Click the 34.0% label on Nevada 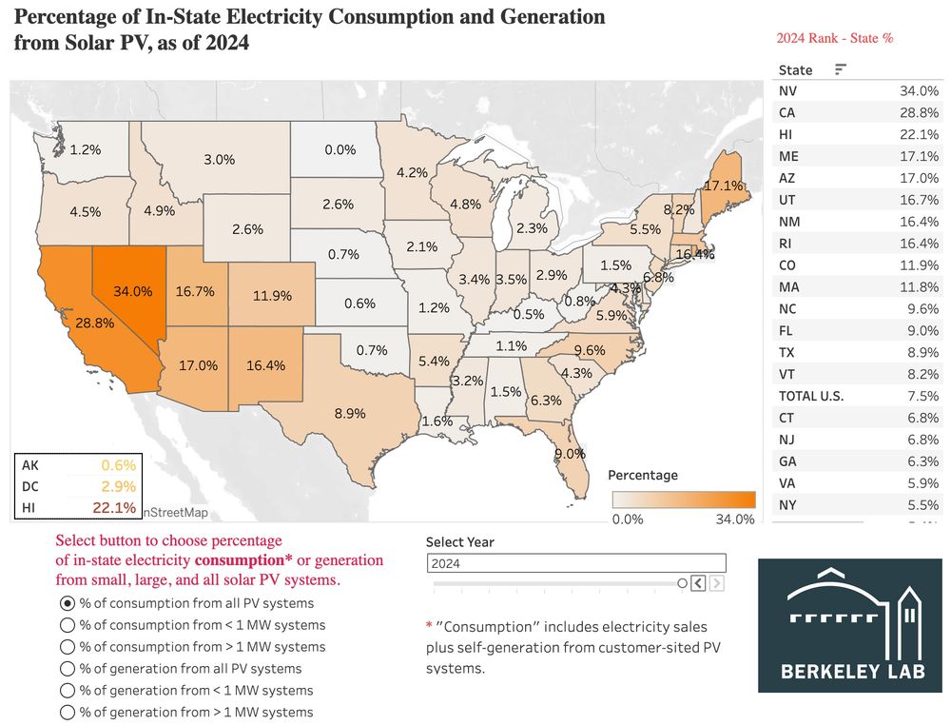point(132,290)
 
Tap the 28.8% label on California point(94,323)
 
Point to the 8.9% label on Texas point(350,413)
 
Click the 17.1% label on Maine point(722,185)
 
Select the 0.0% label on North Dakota point(340,149)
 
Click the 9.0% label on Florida point(570,453)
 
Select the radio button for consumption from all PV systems point(67,603)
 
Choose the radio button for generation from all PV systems point(67,669)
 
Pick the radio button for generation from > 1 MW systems point(67,713)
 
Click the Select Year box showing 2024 point(576,563)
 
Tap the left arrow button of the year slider point(698,583)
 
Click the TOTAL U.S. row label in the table point(810,396)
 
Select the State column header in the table point(795,69)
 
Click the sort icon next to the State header point(840,69)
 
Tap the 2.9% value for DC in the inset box point(118,486)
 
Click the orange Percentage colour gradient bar point(683,500)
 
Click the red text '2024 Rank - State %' point(834,38)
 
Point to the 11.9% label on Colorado point(272,296)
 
